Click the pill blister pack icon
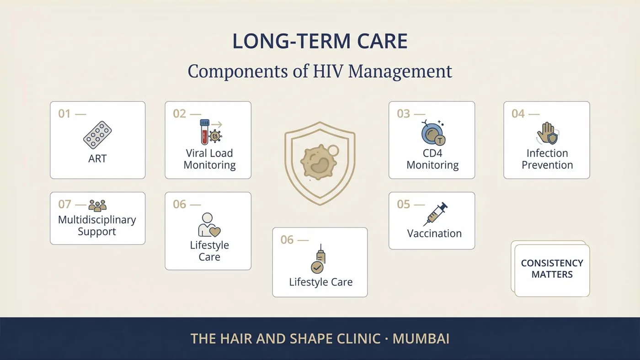pos(97,135)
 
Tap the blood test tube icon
pos(205,132)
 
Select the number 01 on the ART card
pos(64,114)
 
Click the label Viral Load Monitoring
pos(209,159)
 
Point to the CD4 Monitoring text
pos(432,159)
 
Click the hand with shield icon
pos(548,133)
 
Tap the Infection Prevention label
pos(547,159)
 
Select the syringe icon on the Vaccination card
pos(435,214)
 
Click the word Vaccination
pos(434,233)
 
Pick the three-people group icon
pos(97,205)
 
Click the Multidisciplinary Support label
pos(97,225)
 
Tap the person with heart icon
pos(209,225)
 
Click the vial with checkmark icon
pos(319,259)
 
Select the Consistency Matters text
pos(552,269)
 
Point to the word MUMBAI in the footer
pos(421,339)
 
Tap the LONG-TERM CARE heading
pos(320,41)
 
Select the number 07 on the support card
pos(64,204)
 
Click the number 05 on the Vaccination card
pos(403,204)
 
